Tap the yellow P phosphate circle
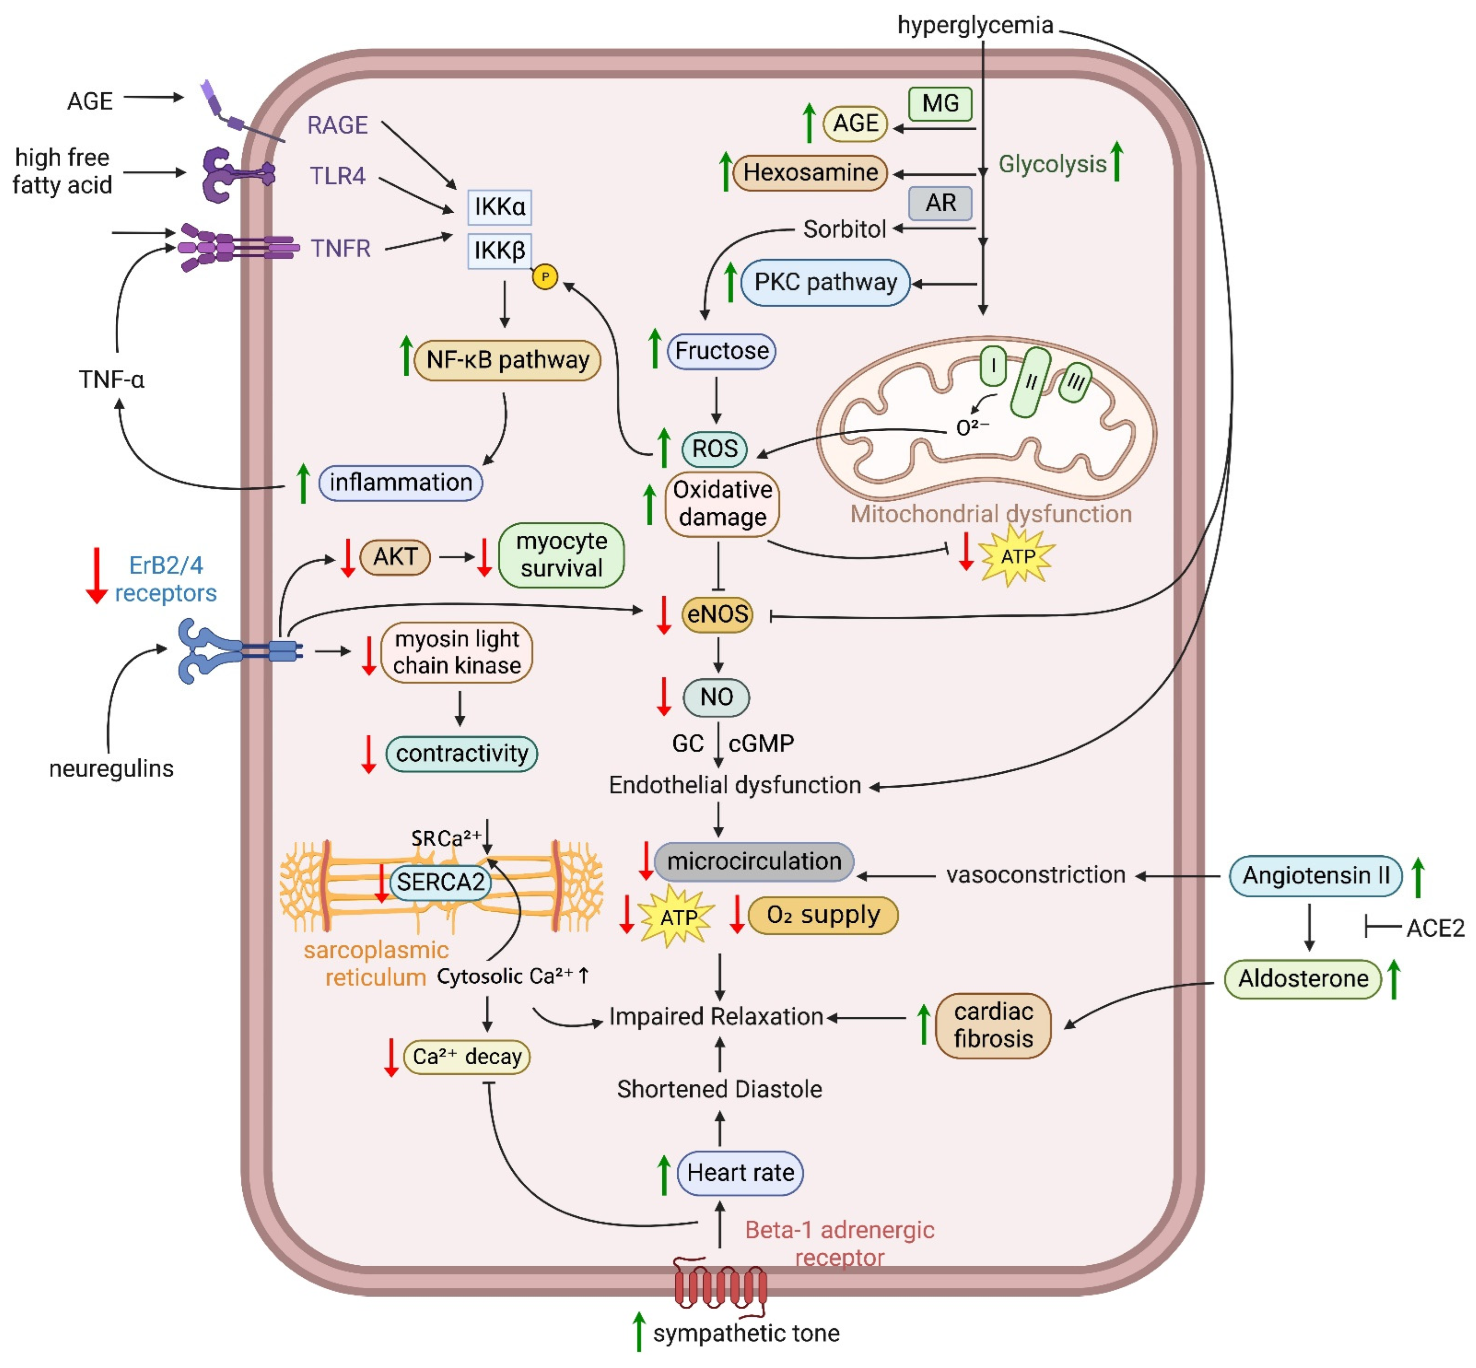pyautogui.click(x=545, y=277)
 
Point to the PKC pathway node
pyautogui.click(x=825, y=283)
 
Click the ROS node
pyautogui.click(x=714, y=449)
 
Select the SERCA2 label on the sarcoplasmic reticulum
pyautogui.click(x=440, y=882)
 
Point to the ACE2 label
pyautogui.click(x=1435, y=928)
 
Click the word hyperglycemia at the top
pyautogui.click(x=974, y=25)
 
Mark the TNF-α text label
pyautogui.click(x=111, y=380)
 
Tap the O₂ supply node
pyautogui.click(x=822, y=916)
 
